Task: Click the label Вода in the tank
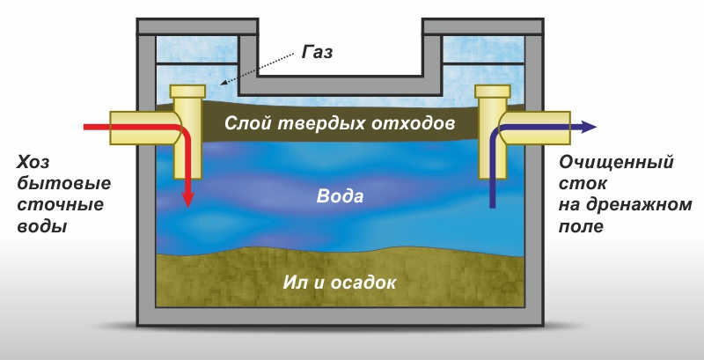click(340, 195)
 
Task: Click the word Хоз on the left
click(33, 165)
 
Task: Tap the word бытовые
click(54, 185)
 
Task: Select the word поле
click(582, 227)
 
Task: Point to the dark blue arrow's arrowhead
click(589, 127)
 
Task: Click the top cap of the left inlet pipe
click(187, 91)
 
